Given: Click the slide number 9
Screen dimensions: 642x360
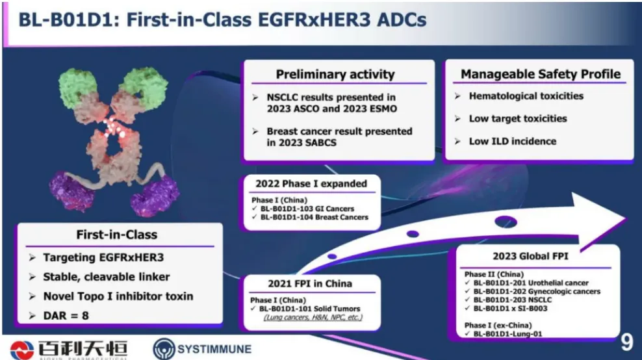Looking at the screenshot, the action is (626, 342).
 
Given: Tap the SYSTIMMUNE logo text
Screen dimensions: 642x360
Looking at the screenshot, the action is (214, 350).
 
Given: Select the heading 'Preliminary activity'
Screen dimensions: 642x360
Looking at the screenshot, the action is (335, 74).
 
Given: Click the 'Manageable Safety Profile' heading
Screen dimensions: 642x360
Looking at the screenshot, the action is (541, 73).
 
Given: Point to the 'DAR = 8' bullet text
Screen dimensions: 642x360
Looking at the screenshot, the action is (66, 315).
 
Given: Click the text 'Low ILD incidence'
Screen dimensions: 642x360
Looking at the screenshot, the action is (513, 141).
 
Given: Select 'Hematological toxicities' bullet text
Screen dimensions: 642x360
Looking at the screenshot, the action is (526, 96).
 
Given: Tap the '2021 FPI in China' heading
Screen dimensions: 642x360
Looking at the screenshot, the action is (310, 283).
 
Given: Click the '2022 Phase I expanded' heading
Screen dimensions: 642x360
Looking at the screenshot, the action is (311, 183).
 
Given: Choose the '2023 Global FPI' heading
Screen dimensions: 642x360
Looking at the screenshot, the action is (530, 257).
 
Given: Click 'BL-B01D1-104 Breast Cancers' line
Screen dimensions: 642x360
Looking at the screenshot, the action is (315, 218).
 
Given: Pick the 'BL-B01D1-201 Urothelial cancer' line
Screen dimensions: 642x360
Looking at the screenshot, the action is (531, 283).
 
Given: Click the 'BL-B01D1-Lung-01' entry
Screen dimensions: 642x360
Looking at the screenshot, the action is (507, 334).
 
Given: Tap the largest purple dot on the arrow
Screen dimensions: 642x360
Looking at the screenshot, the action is (506, 222).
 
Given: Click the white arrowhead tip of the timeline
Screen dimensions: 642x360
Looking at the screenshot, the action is (626, 218).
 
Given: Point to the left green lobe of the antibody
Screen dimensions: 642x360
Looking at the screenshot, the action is (77, 87).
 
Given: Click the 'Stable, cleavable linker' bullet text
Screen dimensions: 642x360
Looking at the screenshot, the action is (107, 277).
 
